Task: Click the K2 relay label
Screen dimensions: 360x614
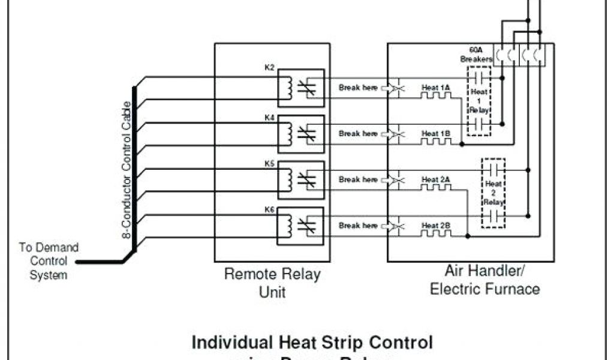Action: [x=269, y=67]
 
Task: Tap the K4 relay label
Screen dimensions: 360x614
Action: [x=269, y=118]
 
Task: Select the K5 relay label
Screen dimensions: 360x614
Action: [x=269, y=163]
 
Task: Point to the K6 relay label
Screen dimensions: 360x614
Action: [x=269, y=209]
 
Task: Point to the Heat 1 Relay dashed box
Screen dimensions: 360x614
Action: [x=478, y=101]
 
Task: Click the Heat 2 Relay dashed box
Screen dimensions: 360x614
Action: [x=493, y=193]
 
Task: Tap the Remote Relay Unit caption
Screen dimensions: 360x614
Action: [x=272, y=283]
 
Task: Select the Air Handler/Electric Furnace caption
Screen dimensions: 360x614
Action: [x=484, y=280]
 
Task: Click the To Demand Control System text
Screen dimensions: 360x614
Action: [x=48, y=261]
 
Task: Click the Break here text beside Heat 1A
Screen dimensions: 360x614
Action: [x=358, y=88]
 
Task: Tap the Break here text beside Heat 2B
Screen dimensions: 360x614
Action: [x=358, y=226]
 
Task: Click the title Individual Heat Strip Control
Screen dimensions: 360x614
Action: [x=312, y=343]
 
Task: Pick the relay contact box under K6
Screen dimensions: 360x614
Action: [x=312, y=226]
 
